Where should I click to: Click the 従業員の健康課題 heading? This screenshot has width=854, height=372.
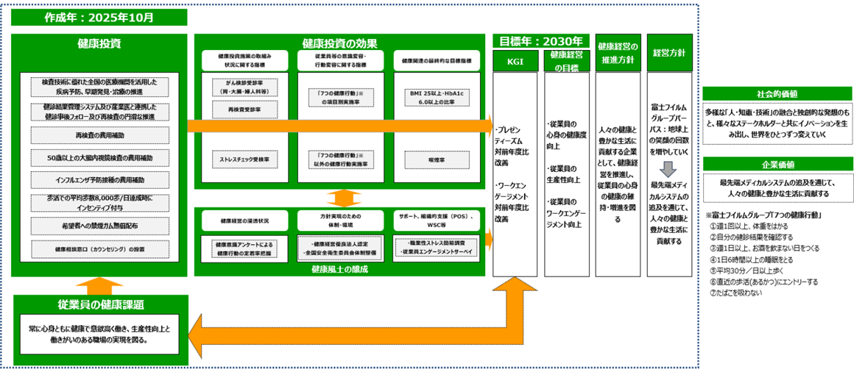coord(100,304)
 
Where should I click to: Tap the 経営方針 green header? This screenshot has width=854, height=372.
coord(669,53)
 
